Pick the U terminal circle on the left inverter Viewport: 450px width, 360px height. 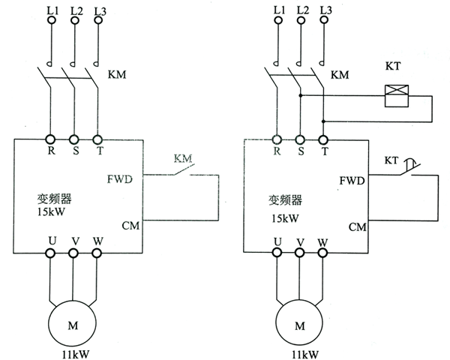[51, 253]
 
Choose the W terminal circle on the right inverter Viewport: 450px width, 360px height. [324, 253]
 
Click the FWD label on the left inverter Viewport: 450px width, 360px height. [120, 179]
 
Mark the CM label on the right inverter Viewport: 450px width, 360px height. [357, 226]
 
